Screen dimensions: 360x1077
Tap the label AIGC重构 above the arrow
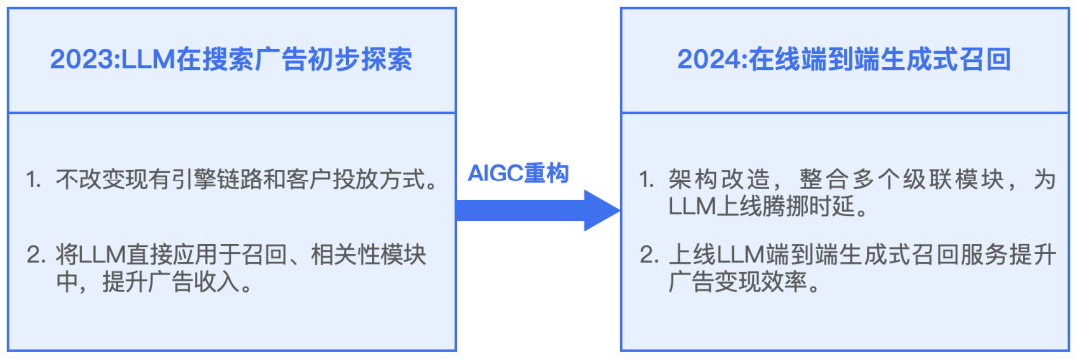(x=519, y=173)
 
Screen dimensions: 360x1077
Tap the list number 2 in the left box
(x=34, y=254)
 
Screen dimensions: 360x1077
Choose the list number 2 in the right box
(x=646, y=254)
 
